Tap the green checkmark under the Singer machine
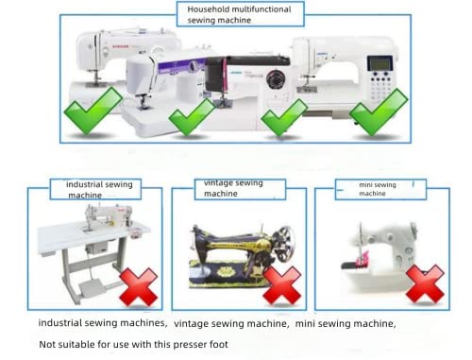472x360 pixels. coord(92,111)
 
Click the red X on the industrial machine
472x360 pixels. coord(139,286)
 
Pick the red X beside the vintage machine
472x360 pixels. coord(281,284)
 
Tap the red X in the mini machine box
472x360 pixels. coord(425,283)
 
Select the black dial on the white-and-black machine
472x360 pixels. coord(277,78)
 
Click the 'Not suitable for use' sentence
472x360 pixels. coord(133,344)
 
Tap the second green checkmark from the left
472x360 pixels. coord(192,117)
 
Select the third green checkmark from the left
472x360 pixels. coord(283,117)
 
